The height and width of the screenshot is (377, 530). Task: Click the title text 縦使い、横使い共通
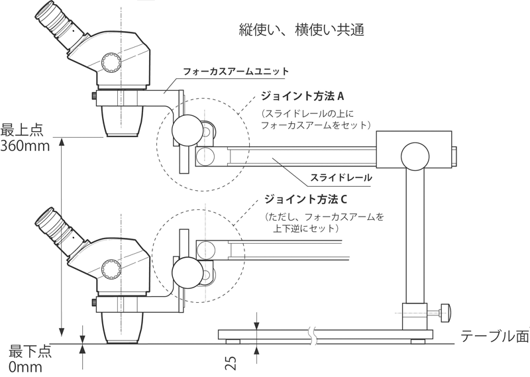coord(301,30)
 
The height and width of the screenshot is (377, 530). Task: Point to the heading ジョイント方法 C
coord(305,199)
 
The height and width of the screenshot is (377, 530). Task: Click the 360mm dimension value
coord(25,146)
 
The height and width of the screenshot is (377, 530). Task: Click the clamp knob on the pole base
coord(447,309)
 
